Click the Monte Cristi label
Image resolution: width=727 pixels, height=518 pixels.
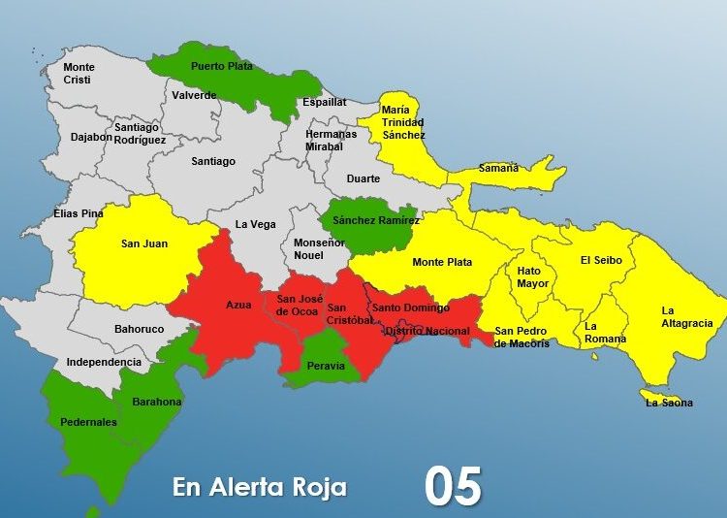point(79,73)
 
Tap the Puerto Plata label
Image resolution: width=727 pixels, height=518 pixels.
point(221,66)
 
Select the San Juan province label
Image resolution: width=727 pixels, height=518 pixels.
point(143,243)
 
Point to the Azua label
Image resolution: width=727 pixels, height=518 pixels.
point(238,305)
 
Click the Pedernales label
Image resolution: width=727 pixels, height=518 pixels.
point(88,422)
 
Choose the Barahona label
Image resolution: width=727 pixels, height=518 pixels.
point(157,401)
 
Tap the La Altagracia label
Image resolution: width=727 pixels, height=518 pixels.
point(687,317)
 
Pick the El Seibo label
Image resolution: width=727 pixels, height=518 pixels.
point(607,260)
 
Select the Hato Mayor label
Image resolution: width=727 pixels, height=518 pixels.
point(533,277)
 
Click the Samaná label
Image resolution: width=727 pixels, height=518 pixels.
point(498,168)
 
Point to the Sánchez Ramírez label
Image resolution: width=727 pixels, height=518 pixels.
point(375,220)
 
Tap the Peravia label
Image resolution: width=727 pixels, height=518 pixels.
point(326,366)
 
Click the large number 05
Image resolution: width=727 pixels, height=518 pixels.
point(453,487)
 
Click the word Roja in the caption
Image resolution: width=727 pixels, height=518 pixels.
point(317,487)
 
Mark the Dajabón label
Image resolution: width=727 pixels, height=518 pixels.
point(91,137)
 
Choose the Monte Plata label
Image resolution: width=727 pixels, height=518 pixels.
point(442,262)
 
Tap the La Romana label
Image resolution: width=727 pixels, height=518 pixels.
point(605,333)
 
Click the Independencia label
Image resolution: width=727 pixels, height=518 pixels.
point(104,362)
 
